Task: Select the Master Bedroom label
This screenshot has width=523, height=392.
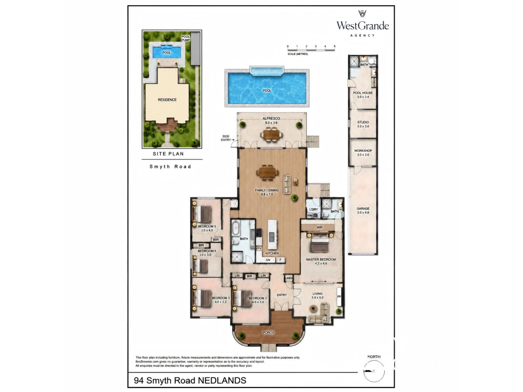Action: [x=321, y=259]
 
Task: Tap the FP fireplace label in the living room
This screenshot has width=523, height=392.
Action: [x=339, y=297]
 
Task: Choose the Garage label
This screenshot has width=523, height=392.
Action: [x=363, y=209]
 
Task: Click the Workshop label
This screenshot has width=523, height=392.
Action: [x=363, y=151]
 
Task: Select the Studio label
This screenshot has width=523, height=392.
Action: [x=363, y=122]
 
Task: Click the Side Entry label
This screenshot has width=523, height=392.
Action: [x=226, y=138]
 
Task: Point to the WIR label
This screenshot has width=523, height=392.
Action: [x=320, y=227]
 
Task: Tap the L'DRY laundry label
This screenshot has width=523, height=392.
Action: [x=314, y=209]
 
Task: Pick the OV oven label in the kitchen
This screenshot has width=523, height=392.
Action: [x=268, y=260]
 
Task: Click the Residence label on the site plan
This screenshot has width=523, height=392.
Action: [x=167, y=100]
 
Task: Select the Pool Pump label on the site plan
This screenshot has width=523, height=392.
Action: [x=186, y=38]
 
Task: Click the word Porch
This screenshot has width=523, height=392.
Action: [x=268, y=332]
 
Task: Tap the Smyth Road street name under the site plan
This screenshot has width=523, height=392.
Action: [x=170, y=167]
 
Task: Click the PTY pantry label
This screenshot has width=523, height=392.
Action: [x=259, y=249]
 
